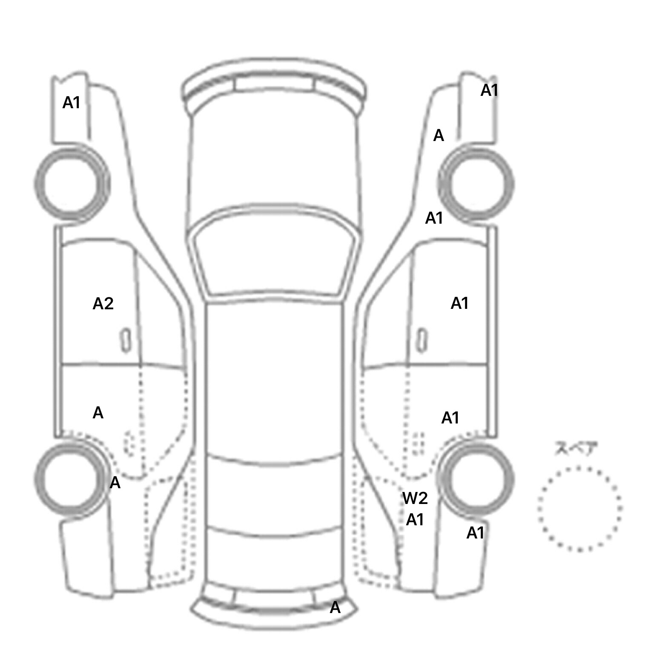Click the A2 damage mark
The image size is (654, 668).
(x=103, y=304)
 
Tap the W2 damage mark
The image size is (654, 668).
(x=415, y=498)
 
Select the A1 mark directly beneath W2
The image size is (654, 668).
(x=415, y=520)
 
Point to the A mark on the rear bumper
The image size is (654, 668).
(x=336, y=608)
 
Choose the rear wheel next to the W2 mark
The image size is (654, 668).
(x=476, y=478)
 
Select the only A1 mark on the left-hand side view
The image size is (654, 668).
(x=72, y=103)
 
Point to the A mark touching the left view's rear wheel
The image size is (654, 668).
(x=115, y=483)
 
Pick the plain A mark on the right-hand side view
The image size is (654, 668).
(x=439, y=136)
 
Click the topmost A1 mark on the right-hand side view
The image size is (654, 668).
(x=490, y=90)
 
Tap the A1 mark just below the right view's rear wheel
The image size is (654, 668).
(x=476, y=533)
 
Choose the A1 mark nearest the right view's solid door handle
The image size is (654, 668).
(x=460, y=303)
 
